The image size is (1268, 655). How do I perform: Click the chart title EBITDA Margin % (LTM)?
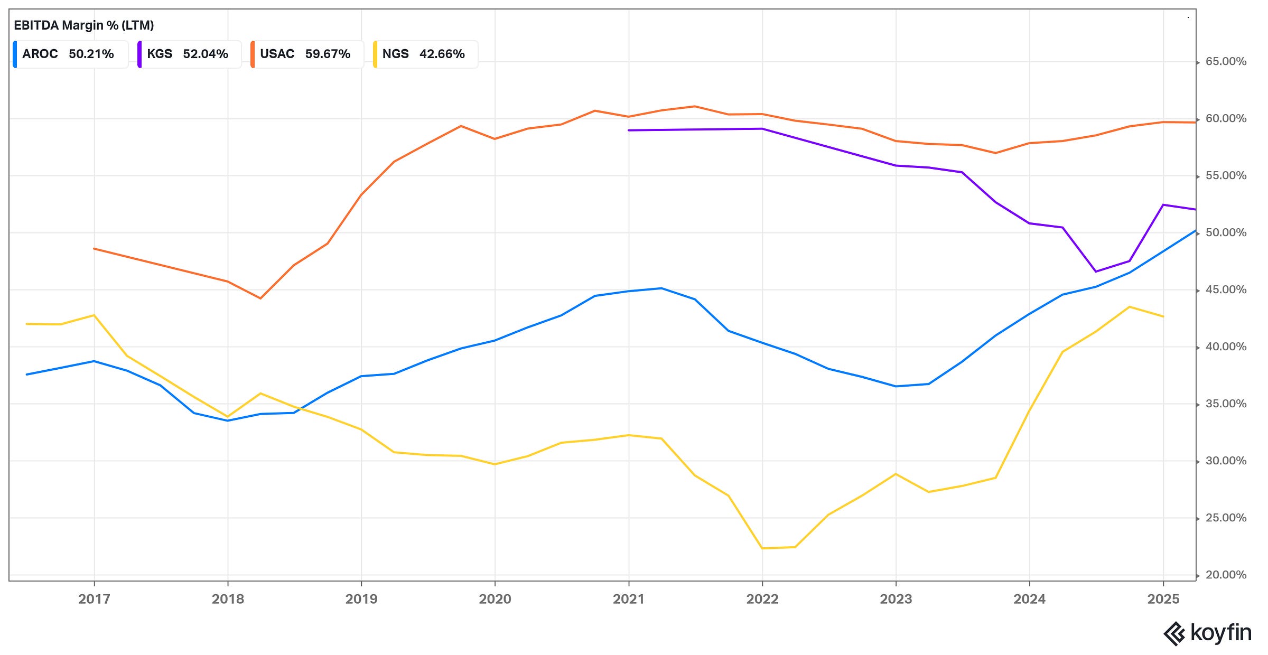pos(83,25)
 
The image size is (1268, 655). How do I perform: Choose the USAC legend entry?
pos(307,54)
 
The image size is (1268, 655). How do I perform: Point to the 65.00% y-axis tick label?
pos(1226,62)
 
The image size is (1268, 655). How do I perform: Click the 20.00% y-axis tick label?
pos(1226,575)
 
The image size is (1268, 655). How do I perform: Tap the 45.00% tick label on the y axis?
pos(1226,290)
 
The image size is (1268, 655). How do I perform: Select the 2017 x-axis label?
pos(94,599)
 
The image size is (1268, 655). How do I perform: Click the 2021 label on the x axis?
pos(629,599)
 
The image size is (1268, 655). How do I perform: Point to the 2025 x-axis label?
pos(1163,599)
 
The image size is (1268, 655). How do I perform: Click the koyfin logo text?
pos(1220,633)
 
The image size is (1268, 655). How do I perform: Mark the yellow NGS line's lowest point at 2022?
pos(762,548)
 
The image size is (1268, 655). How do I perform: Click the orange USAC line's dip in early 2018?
pos(260,298)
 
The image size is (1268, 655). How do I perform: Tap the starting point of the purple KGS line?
pos(629,130)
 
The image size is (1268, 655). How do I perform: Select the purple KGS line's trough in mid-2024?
pos(1096,272)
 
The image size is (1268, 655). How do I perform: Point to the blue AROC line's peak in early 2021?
pos(661,288)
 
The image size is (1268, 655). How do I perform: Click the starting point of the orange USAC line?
pos(94,248)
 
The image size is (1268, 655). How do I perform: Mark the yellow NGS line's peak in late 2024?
pos(1130,307)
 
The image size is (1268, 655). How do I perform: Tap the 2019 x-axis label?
pos(361,599)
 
